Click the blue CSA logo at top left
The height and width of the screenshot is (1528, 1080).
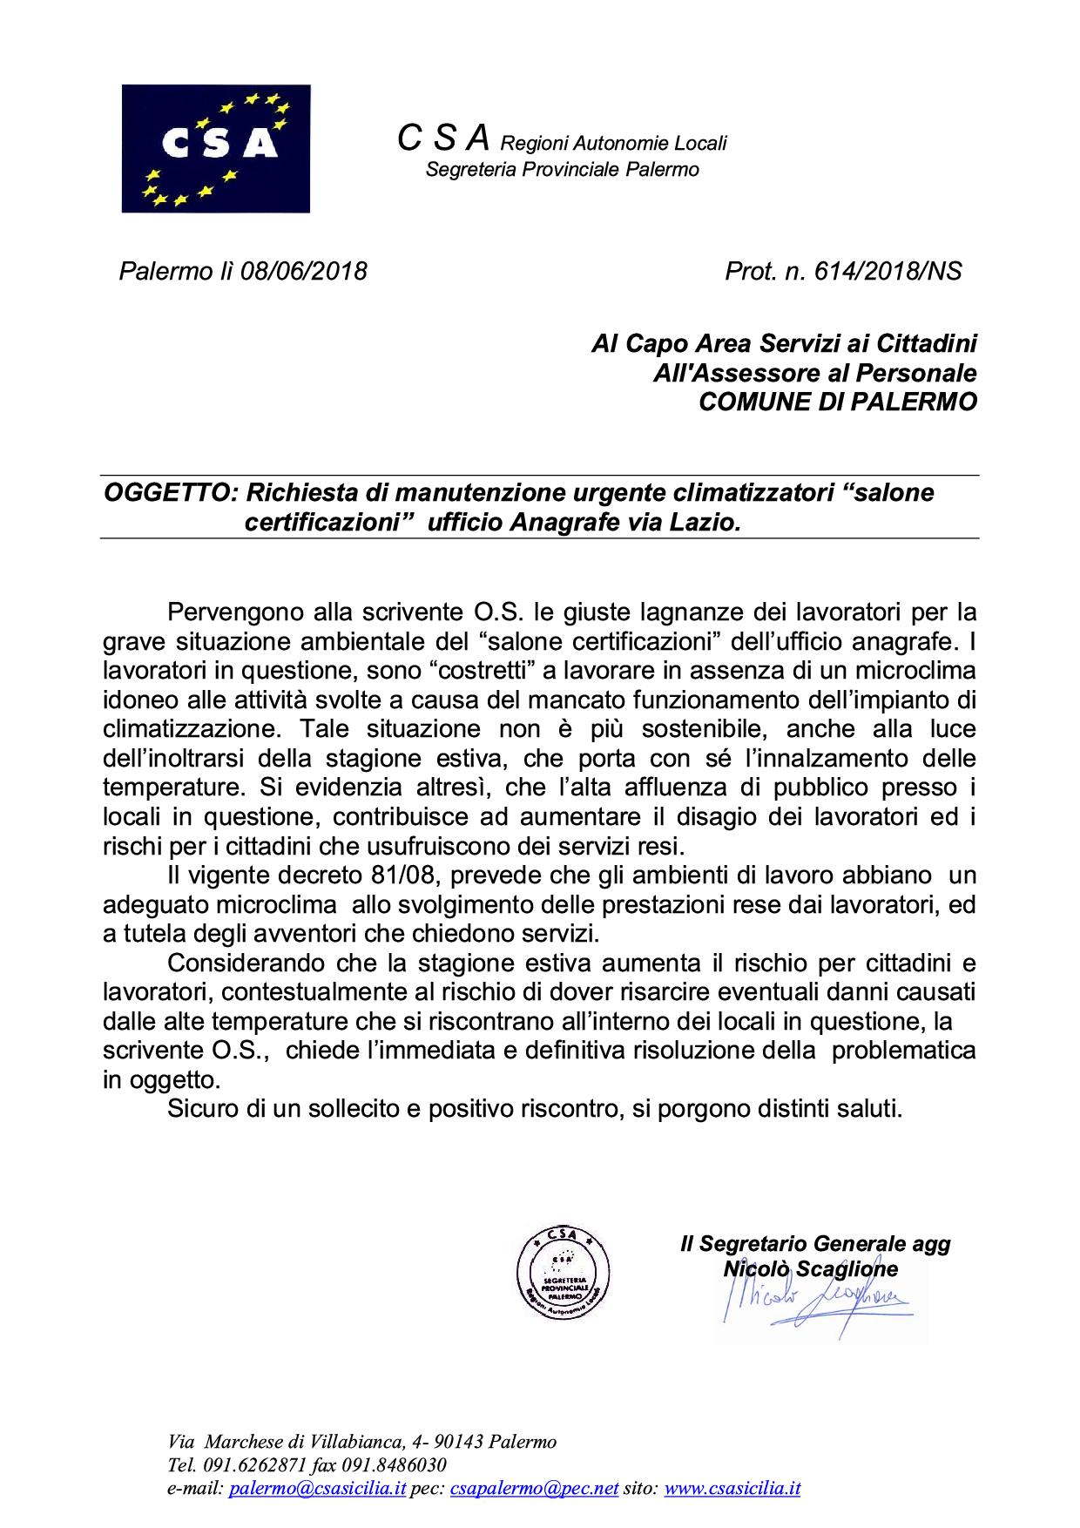click(x=216, y=148)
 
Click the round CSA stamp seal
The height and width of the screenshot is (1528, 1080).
click(x=563, y=1269)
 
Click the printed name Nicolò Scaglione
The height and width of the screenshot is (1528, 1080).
click(x=810, y=1269)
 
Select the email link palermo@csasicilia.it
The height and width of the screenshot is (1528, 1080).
click(x=317, y=1489)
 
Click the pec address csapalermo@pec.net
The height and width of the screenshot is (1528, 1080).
click(x=534, y=1489)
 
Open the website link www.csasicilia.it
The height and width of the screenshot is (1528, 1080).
click(x=732, y=1489)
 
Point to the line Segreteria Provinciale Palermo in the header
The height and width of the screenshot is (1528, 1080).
click(x=562, y=169)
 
